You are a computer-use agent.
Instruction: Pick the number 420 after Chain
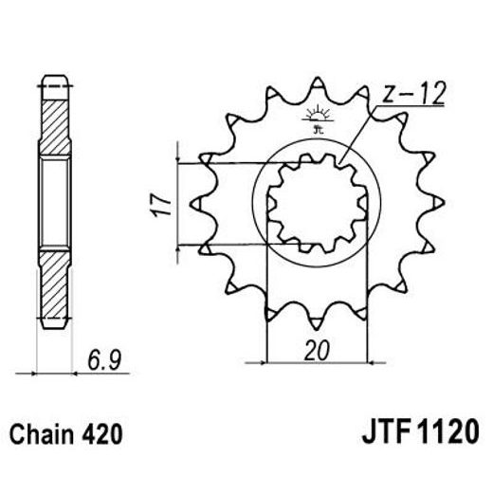103,437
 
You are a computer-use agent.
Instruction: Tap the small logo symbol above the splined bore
315,119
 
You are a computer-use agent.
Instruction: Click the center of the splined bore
315,203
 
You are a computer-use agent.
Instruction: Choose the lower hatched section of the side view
54,284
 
